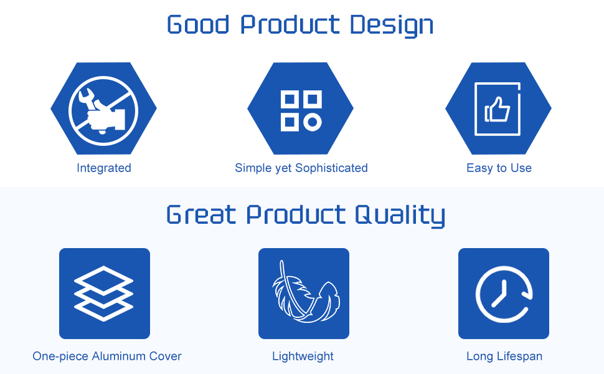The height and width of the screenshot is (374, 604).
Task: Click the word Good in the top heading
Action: (199, 24)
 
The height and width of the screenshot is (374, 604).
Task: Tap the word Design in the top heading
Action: (392, 26)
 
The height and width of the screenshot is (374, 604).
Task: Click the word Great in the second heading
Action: (201, 214)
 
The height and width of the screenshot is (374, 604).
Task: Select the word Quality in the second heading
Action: (400, 216)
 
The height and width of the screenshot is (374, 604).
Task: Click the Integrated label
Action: (104, 168)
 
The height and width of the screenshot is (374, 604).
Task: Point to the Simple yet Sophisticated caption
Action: (301, 168)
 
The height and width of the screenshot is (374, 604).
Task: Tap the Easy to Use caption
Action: (499, 168)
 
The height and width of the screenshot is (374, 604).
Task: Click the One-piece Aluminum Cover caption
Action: (106, 356)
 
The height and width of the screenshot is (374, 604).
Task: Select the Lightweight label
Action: (303, 357)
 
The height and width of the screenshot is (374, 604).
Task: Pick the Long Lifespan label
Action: (504, 357)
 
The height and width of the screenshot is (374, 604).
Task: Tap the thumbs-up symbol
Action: (498, 109)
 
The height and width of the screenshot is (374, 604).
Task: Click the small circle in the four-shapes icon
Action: (313, 122)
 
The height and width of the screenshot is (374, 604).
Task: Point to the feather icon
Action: (306, 292)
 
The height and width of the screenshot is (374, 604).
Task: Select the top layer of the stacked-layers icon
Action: (103, 279)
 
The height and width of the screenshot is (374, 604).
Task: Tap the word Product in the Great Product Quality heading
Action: (295, 214)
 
